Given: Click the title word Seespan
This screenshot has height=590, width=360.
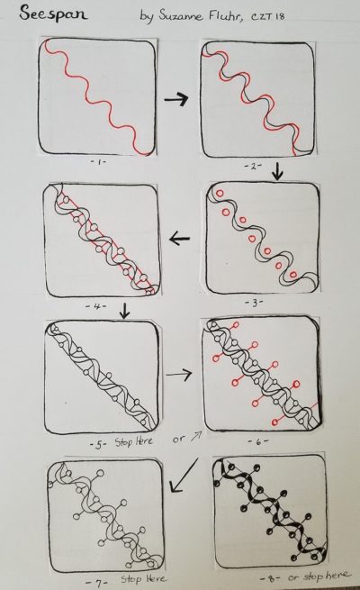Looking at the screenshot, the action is tap(52, 14).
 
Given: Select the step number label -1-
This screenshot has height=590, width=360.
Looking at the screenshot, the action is tap(98, 162).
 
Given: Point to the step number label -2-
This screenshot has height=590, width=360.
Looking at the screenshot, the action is tap(253, 166).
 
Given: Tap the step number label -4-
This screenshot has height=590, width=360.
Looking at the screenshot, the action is tap(95, 306).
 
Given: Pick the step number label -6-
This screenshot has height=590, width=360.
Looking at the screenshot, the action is tap(258, 441).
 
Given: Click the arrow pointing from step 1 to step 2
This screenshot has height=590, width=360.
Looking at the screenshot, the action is tap(175, 99).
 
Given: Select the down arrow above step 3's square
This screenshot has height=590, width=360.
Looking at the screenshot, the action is tap(277, 170).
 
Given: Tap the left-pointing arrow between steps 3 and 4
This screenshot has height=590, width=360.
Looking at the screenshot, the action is tap(180, 239).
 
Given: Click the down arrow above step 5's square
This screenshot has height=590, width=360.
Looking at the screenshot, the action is tap(124, 311).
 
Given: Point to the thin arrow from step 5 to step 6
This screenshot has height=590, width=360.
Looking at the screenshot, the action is tap(179, 374).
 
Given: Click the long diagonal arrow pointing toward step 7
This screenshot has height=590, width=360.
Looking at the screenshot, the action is tap(184, 475).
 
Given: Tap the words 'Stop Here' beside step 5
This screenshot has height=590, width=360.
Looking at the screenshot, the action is tap(134, 441).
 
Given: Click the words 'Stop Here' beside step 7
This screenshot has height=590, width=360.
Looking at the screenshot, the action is tap(144, 578).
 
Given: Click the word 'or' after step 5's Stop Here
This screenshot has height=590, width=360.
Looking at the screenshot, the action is tap(178, 440).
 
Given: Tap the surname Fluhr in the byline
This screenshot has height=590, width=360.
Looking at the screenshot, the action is tap(227, 15).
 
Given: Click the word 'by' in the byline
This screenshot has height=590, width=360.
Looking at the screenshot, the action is tap(147, 16).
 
